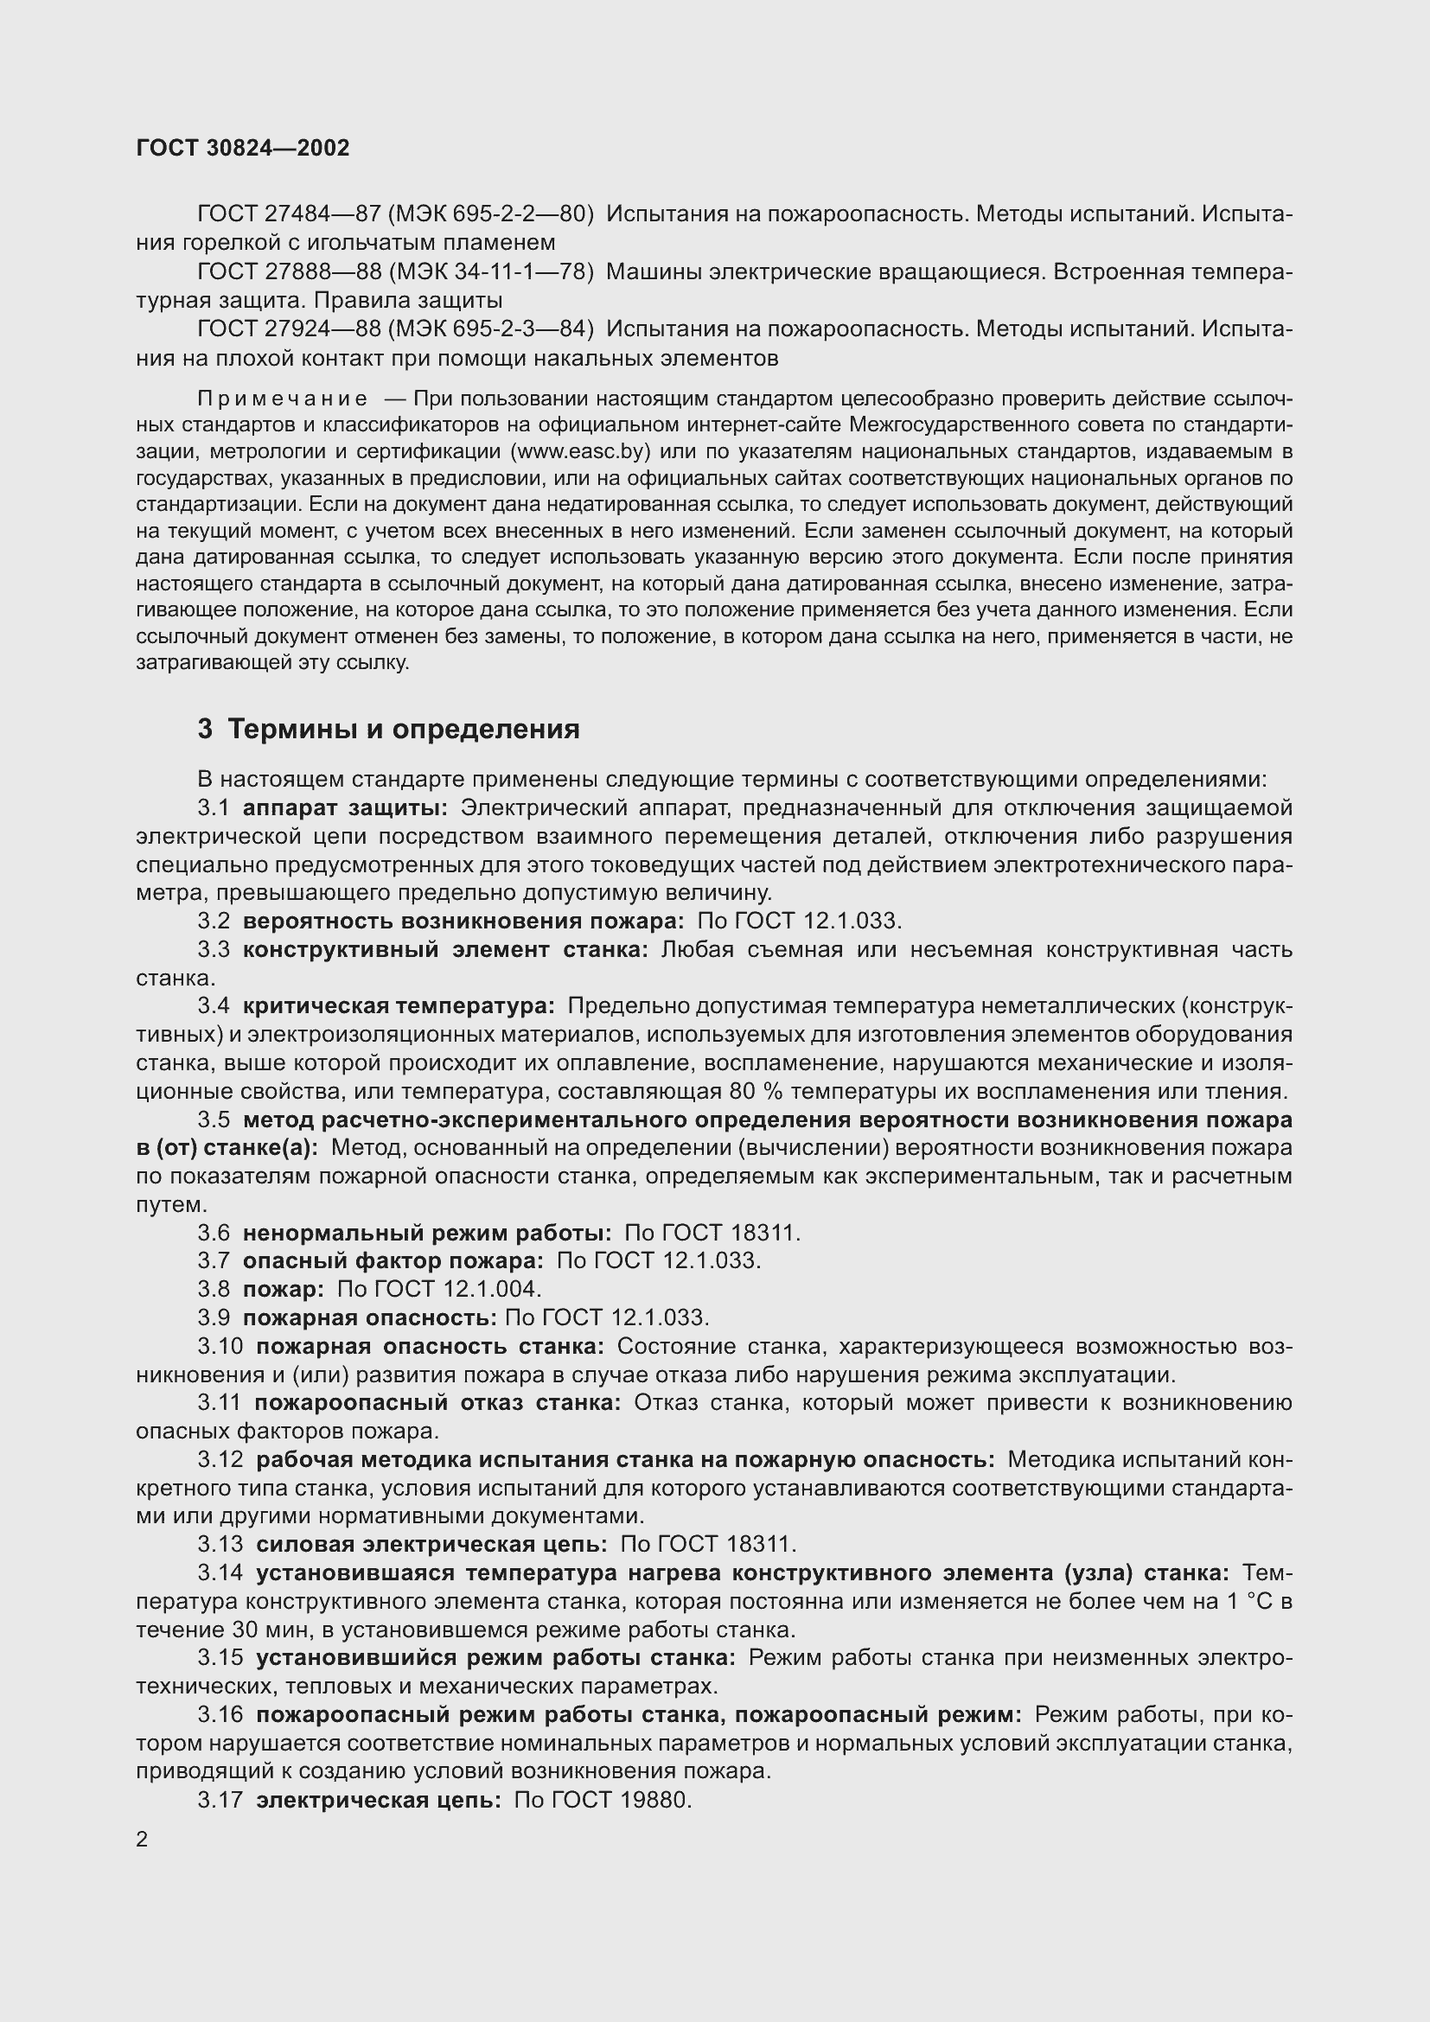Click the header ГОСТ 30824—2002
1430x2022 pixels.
[x=243, y=148]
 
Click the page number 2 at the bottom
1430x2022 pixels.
[x=143, y=1840]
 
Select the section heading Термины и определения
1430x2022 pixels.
[x=403, y=730]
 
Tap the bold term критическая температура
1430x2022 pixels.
[x=399, y=1005]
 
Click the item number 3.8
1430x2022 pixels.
[x=213, y=1289]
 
